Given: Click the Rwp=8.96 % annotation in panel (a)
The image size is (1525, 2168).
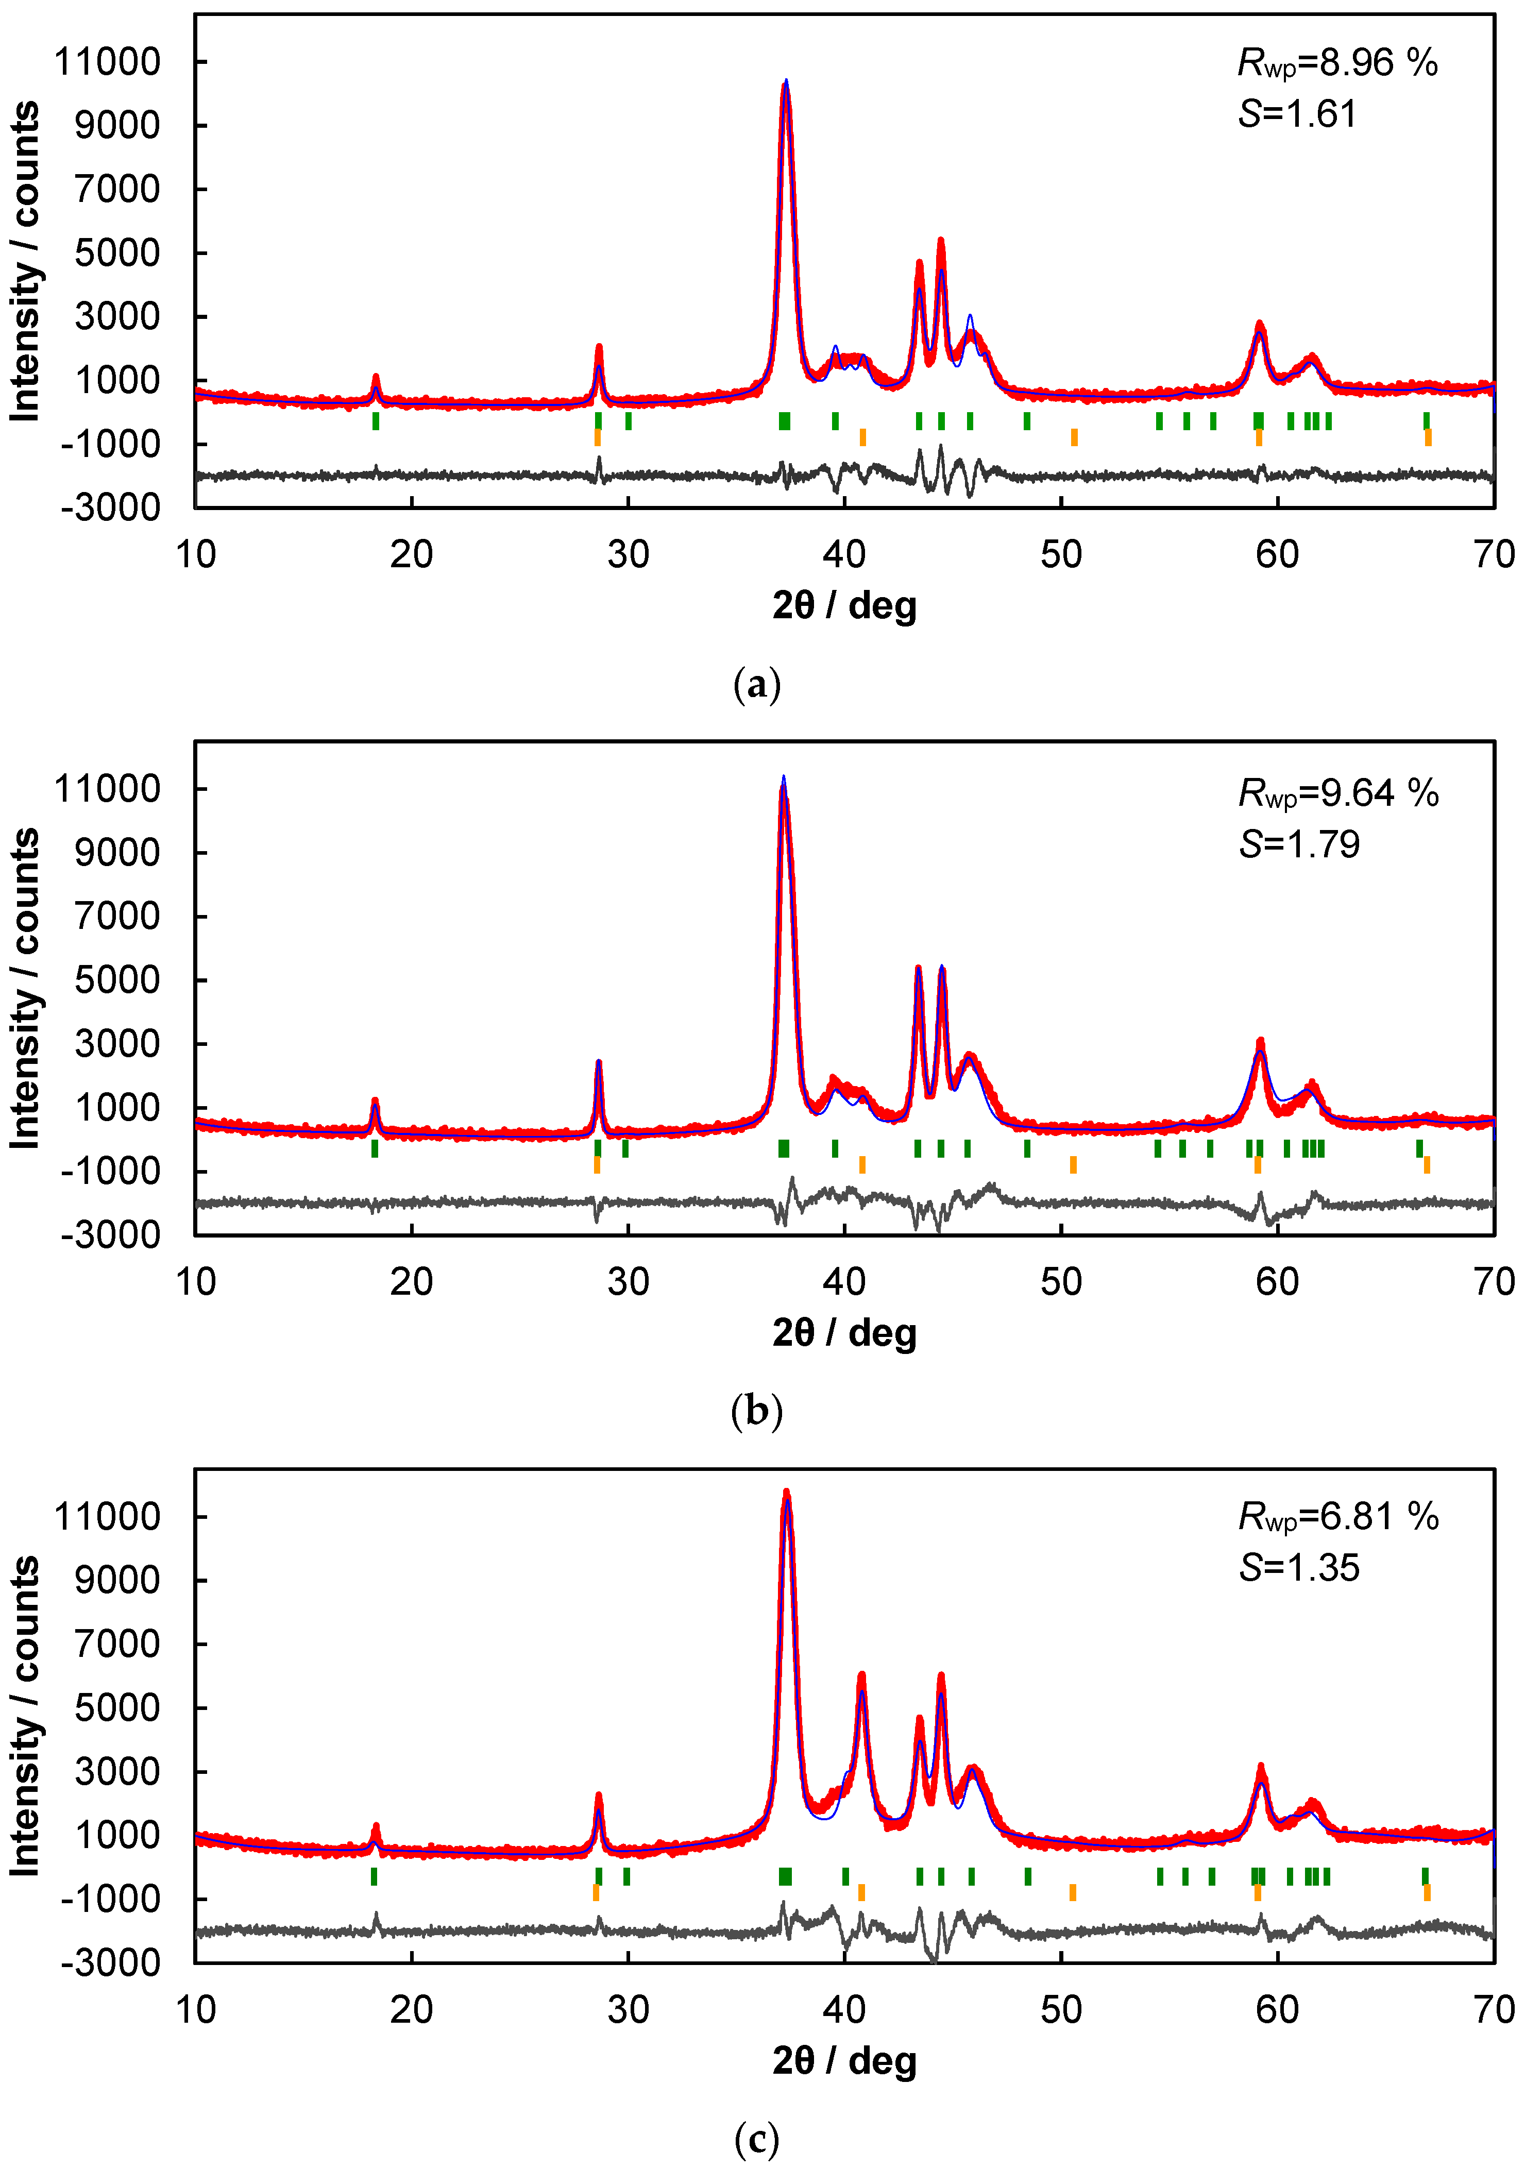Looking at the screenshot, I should pos(1337,63).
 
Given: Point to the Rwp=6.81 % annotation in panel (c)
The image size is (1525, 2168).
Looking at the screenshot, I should pos(1337,1516).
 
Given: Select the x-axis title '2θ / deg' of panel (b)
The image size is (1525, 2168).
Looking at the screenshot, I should pos(844,1332).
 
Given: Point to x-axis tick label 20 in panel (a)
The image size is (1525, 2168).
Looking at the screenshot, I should pos(412,554).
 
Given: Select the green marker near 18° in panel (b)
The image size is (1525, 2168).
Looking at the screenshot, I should pos(375,1148).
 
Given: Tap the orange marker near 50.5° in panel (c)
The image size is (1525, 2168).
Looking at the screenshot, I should pos(1073,1891).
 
